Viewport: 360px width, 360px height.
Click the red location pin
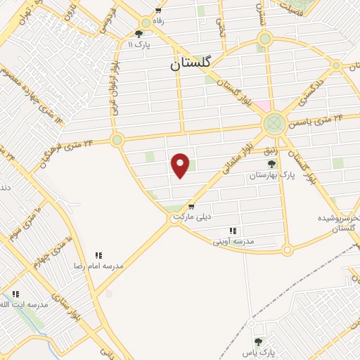point(181,165)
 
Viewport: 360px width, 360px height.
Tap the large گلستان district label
point(195,64)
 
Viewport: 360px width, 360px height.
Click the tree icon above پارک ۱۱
point(139,33)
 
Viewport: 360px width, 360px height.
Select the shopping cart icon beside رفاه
point(159,11)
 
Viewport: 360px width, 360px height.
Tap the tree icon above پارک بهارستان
point(271,164)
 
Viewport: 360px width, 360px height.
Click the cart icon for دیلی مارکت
point(191,207)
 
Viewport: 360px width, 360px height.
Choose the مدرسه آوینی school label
point(233,240)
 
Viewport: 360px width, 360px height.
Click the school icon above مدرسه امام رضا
point(99,255)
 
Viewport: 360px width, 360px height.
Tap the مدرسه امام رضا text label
point(99,266)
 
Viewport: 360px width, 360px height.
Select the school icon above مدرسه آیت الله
point(16,294)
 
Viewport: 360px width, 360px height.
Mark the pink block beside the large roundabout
point(260,105)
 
